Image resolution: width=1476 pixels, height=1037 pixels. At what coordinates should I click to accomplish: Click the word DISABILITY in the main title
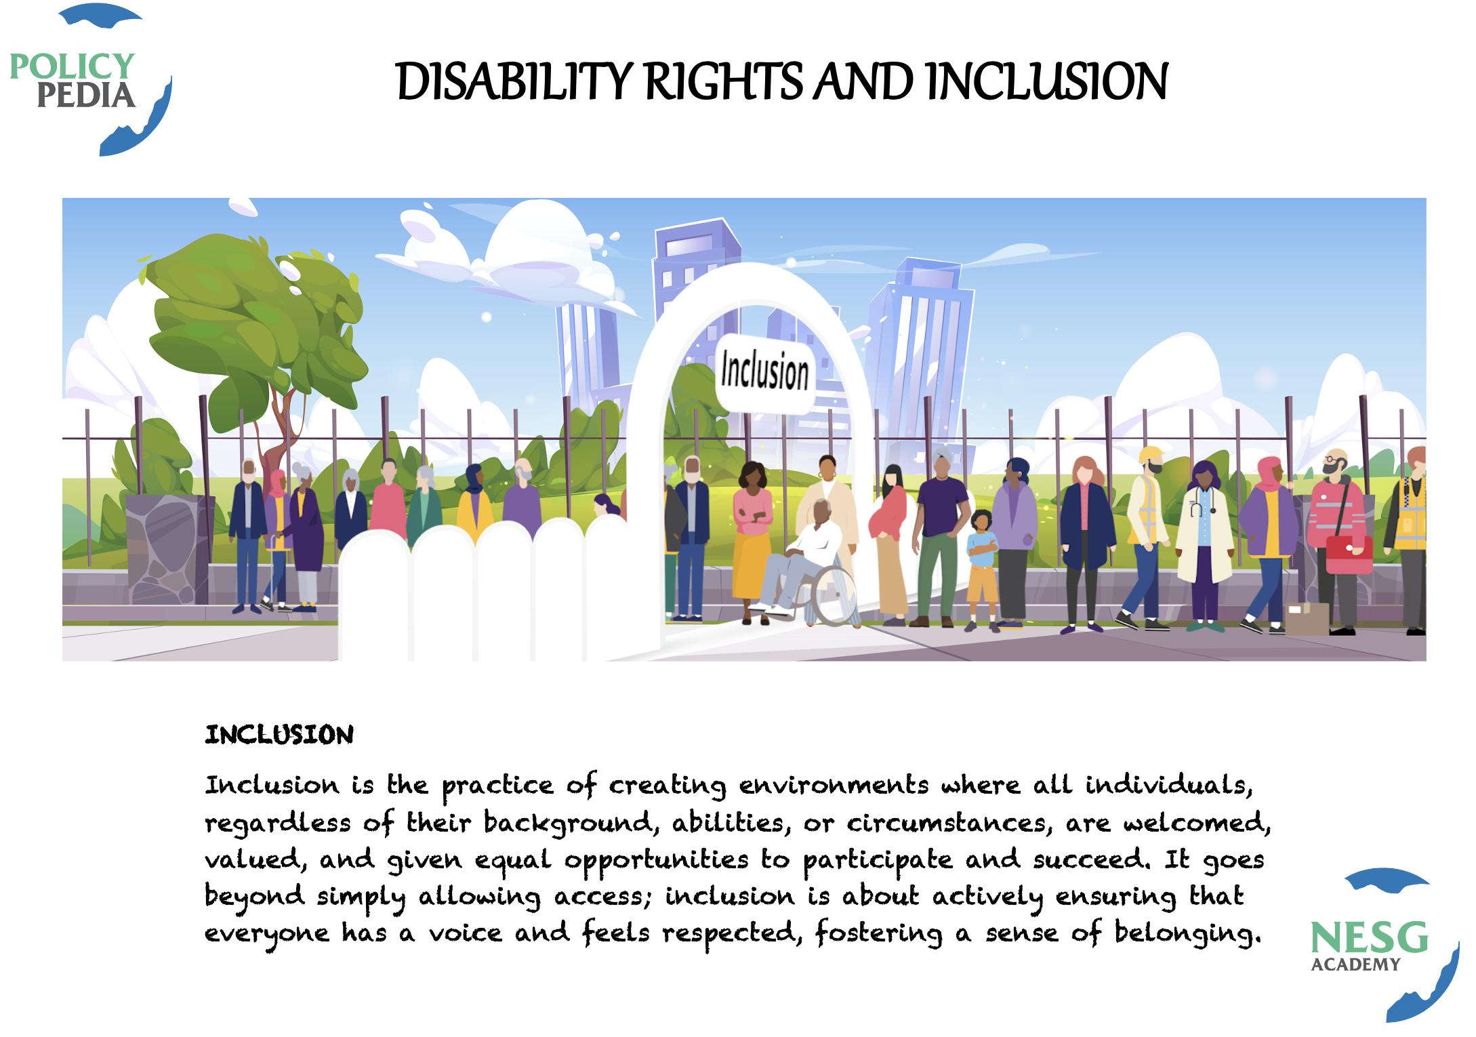coord(514,81)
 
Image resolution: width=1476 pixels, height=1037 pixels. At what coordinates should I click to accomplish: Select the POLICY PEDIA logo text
coord(73,81)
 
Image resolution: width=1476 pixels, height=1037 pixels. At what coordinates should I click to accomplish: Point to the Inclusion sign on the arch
coord(765,371)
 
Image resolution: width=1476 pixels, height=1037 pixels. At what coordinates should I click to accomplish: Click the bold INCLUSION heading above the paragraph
coord(279,735)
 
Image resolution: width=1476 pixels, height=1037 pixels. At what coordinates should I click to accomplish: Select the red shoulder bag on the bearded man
coord(1349,554)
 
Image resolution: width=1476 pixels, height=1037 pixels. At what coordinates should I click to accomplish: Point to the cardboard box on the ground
coord(1307,618)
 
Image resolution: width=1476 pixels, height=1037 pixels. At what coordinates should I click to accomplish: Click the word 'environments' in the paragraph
coord(834,785)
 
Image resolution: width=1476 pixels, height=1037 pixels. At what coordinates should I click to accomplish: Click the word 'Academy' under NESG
coord(1355,964)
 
